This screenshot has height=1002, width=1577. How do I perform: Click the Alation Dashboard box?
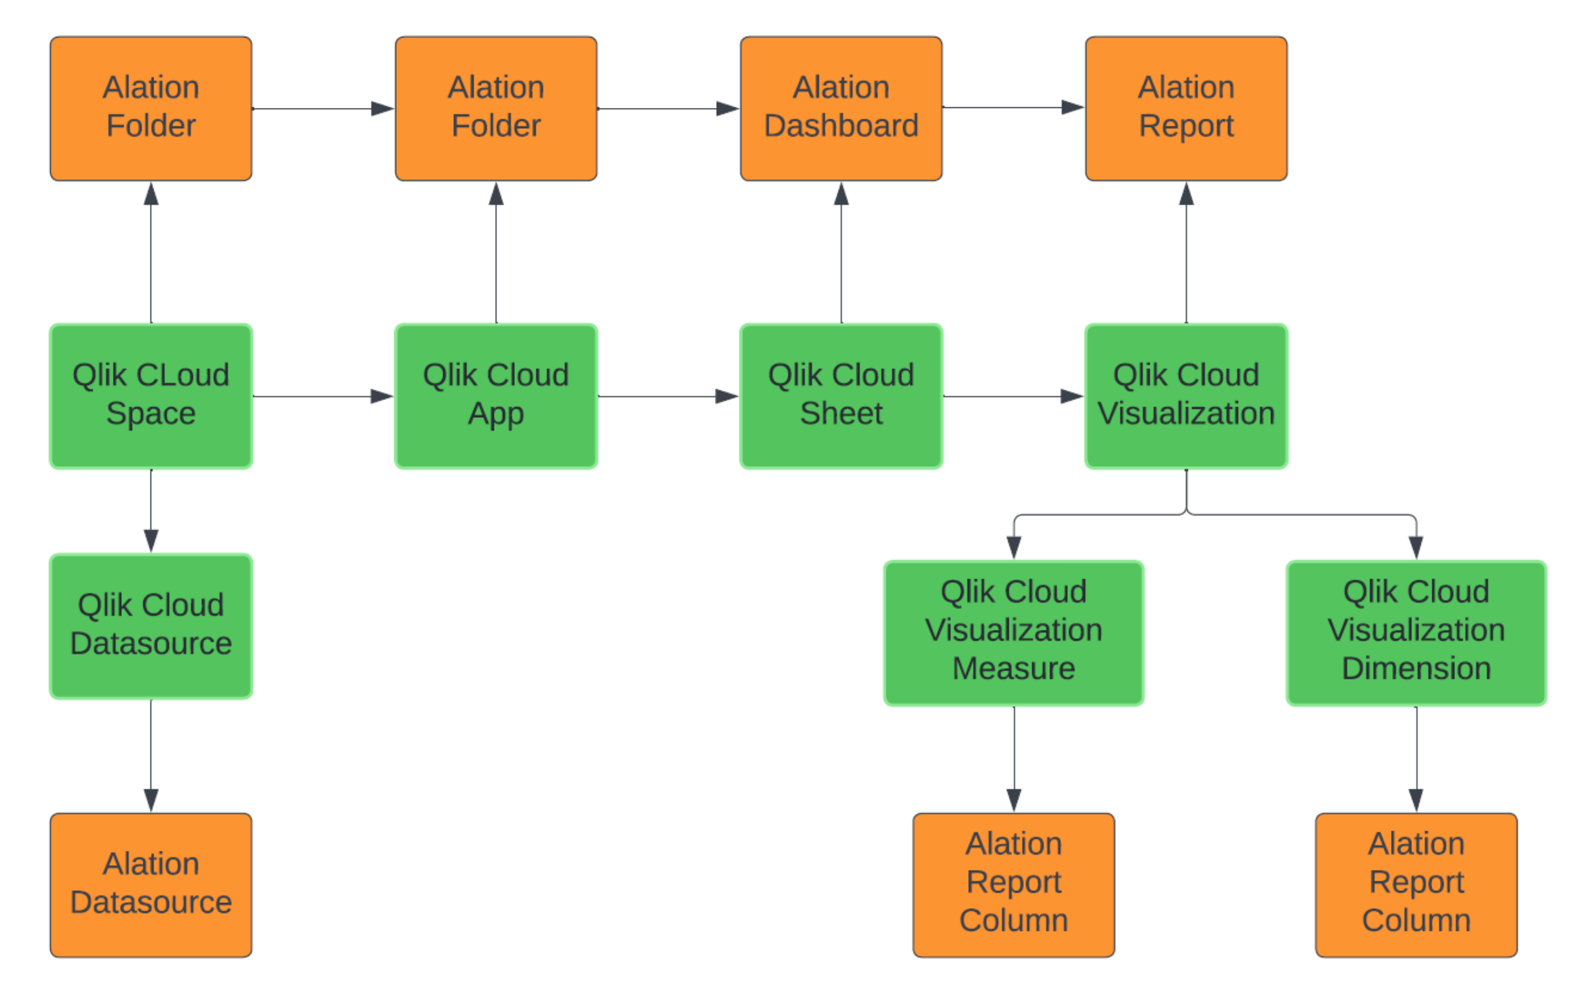tap(841, 109)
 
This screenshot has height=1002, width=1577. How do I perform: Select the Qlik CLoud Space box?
tap(150, 396)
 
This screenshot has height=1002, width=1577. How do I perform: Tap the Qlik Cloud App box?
tap(496, 396)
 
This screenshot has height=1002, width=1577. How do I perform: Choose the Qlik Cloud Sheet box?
tap(841, 396)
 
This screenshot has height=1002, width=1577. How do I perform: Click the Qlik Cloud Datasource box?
tap(150, 626)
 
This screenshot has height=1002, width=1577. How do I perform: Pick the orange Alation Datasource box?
tap(150, 885)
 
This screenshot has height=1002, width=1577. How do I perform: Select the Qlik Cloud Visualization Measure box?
tap(1014, 632)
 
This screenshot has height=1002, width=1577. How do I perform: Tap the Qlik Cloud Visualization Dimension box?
tap(1416, 632)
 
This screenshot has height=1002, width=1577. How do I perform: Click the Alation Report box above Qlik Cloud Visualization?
tap(1186, 109)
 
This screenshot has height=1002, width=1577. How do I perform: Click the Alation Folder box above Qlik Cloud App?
tap(496, 109)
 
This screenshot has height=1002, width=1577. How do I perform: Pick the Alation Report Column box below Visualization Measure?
tap(1014, 885)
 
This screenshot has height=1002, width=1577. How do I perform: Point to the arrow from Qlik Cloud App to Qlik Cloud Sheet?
tap(668, 396)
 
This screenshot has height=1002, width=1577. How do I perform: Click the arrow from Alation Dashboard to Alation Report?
tap(1014, 107)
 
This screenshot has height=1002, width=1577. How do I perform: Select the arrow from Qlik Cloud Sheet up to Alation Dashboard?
tap(841, 253)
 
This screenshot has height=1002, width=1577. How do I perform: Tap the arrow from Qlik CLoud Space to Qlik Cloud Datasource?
tap(150, 511)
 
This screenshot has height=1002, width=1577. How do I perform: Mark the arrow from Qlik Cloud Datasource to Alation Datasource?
tap(150, 756)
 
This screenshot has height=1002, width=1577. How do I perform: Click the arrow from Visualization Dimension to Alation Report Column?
tap(1416, 759)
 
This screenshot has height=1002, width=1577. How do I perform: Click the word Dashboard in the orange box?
tap(841, 126)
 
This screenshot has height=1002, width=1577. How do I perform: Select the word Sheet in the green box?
tap(841, 413)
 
